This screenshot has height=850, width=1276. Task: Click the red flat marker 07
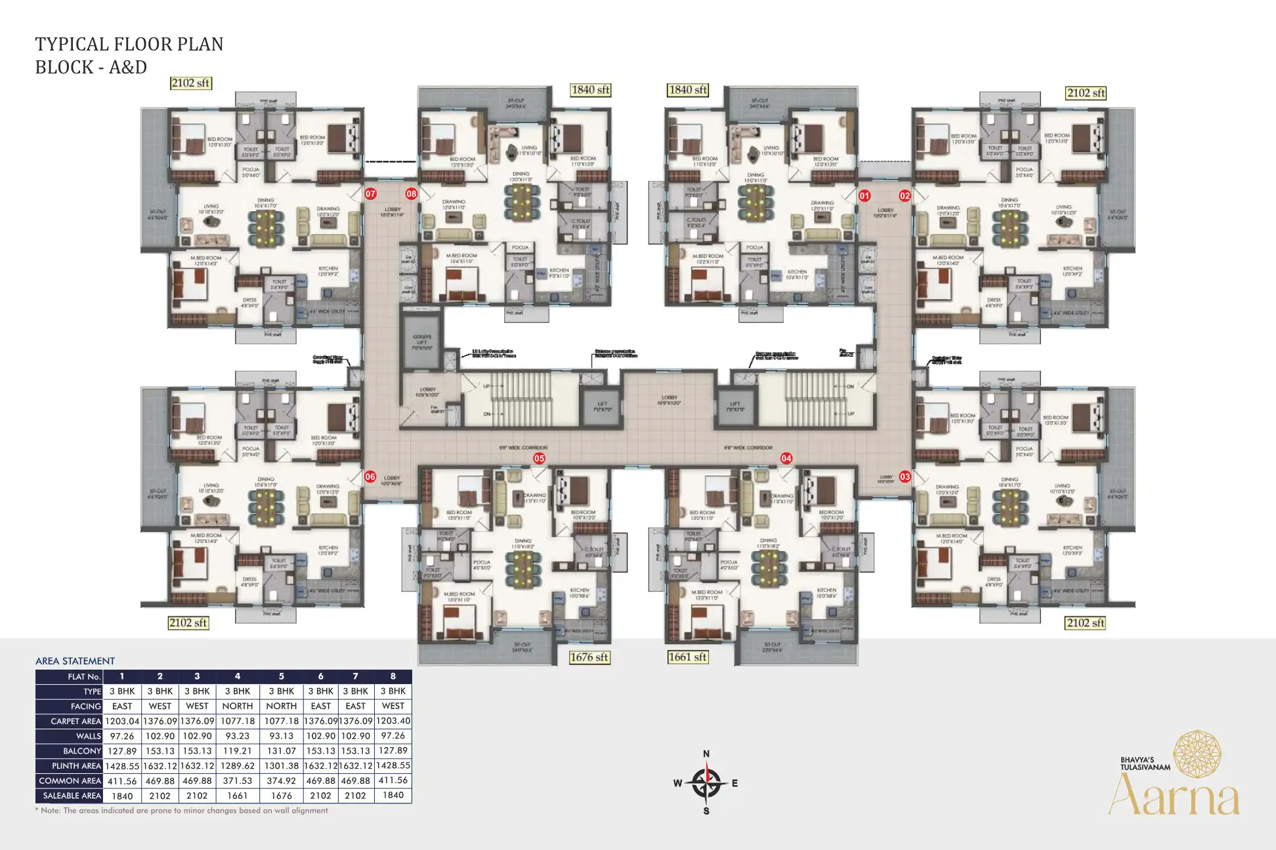tap(370, 193)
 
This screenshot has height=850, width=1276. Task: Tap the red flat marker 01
tap(864, 195)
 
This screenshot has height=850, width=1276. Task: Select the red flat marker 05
tap(539, 458)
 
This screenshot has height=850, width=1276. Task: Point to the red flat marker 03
tap(905, 477)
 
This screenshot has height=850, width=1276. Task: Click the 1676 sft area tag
tap(589, 657)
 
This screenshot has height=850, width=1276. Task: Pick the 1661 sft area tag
tap(687, 657)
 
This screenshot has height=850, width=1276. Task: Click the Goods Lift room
tap(421, 342)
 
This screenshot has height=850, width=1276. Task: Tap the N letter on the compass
tap(706, 754)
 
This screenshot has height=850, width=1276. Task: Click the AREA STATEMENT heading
tap(75, 661)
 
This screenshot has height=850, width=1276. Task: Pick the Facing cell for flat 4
tap(237, 706)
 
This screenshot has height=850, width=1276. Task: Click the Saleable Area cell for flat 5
tap(281, 796)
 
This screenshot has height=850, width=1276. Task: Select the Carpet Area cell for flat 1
tap(122, 721)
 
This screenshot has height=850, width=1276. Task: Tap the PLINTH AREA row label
tap(76, 765)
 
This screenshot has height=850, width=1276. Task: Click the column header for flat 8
tap(393, 676)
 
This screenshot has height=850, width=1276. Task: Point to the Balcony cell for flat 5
tap(281, 751)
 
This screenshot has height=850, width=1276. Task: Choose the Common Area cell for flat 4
tap(237, 780)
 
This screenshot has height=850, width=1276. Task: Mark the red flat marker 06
tap(370, 477)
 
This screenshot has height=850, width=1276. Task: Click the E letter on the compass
tap(734, 783)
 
